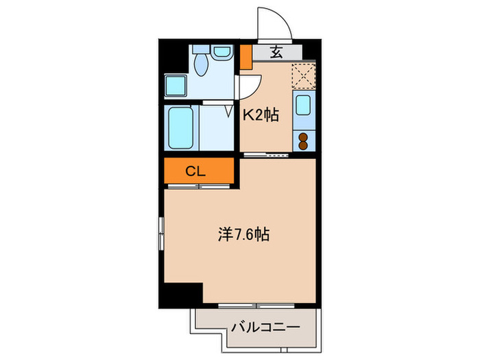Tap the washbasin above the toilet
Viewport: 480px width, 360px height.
click(x=221, y=51)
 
